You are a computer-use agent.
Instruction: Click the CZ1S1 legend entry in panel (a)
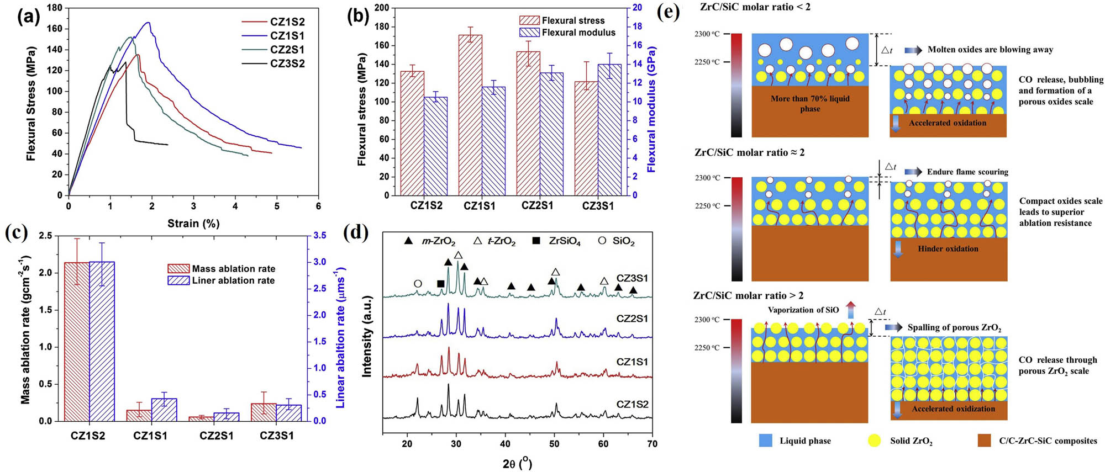click(x=287, y=36)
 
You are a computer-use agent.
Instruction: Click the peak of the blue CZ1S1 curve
click(x=148, y=23)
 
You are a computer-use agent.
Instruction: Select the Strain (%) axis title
click(x=193, y=224)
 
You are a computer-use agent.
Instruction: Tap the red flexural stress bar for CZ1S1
click(x=470, y=115)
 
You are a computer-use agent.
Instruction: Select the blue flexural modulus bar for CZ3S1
click(x=609, y=130)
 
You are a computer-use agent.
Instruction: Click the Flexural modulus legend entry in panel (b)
click(x=578, y=33)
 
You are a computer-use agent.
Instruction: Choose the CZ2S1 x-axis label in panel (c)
click(x=216, y=436)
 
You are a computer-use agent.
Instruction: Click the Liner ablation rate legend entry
click(x=233, y=280)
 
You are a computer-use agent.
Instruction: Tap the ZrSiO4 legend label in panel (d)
click(x=564, y=242)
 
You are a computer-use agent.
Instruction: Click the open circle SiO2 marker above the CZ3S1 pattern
click(x=418, y=284)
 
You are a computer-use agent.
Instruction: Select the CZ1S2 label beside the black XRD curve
click(x=632, y=404)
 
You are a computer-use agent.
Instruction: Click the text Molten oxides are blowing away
click(x=990, y=50)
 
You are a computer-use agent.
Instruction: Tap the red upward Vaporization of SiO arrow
click(x=850, y=310)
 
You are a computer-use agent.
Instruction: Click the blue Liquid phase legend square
click(x=765, y=441)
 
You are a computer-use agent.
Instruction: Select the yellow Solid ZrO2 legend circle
click(x=874, y=441)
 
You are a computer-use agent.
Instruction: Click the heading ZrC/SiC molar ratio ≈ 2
click(x=749, y=153)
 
